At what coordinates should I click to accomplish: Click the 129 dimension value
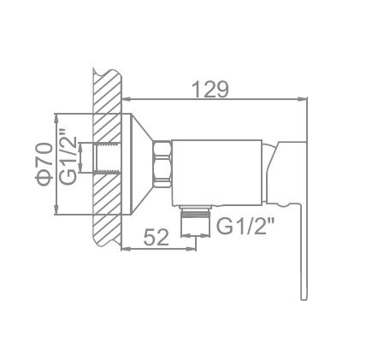(x=210, y=89)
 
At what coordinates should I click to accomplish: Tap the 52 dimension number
(x=156, y=237)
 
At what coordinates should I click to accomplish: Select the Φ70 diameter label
(x=44, y=165)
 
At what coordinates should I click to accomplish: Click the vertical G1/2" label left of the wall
(x=68, y=157)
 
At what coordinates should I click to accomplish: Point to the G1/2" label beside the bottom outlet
(x=245, y=227)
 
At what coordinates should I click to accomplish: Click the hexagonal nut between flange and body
(x=162, y=164)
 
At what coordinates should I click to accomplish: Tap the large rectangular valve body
(x=217, y=173)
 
